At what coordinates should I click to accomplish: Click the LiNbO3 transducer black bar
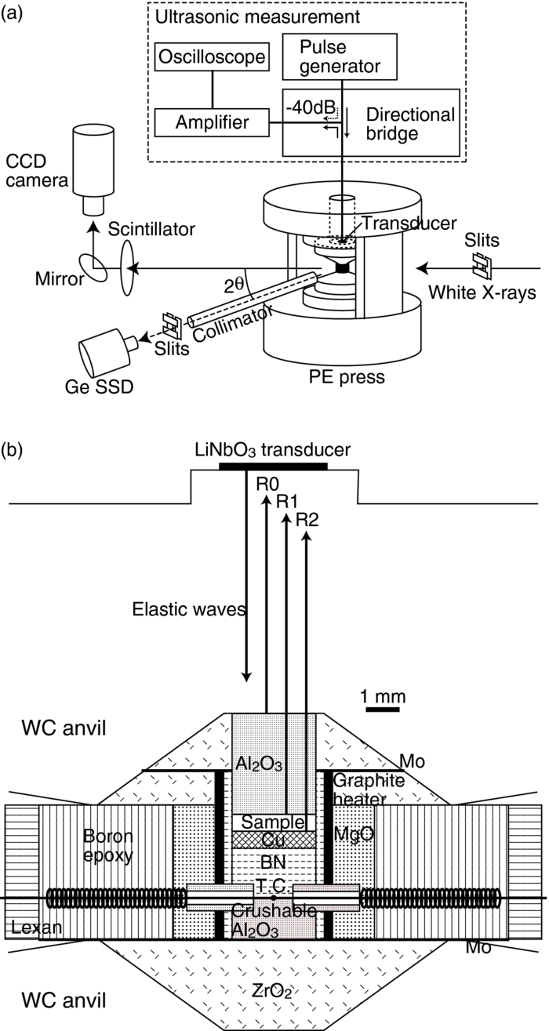coord(273,467)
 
